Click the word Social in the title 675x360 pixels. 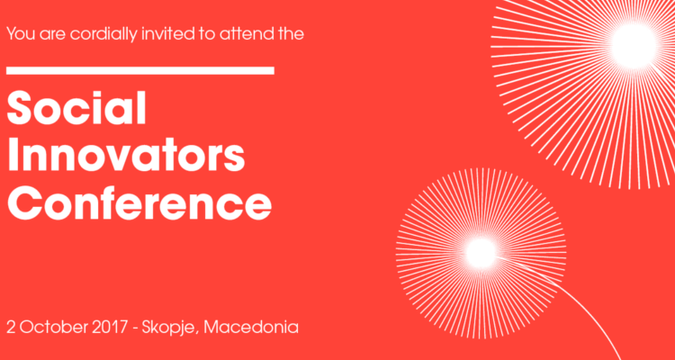coord(76,109)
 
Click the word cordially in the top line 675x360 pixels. coord(104,34)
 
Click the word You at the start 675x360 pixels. coord(21,33)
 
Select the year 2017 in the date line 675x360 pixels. coord(110,328)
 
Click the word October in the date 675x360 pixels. coord(54,328)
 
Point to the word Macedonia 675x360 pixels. coord(251,328)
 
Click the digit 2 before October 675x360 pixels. coord(11,328)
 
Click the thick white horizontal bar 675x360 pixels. coord(140,70)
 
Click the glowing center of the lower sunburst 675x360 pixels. coord(481,252)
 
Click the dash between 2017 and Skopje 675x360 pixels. coord(135,329)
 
